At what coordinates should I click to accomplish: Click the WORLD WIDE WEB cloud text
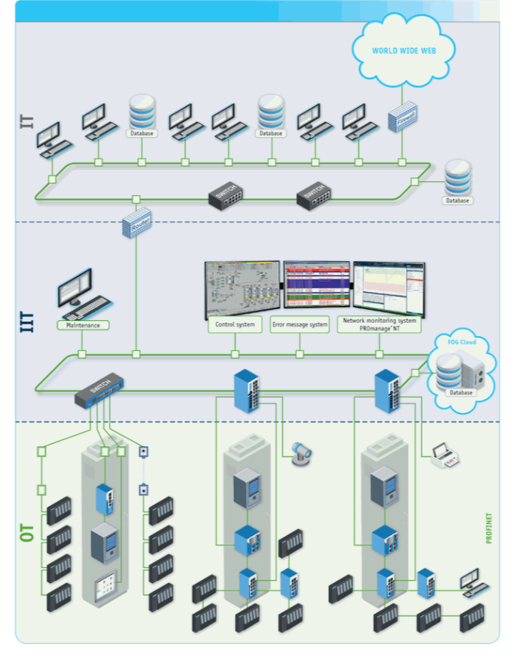point(404,52)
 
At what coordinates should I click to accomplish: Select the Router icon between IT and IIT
point(137,223)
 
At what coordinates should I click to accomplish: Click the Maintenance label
point(83,325)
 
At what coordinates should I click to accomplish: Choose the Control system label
point(236,325)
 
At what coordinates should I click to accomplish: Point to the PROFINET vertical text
point(489,527)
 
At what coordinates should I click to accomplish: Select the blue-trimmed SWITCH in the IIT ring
point(99,389)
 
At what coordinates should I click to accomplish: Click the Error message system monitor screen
point(316,284)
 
